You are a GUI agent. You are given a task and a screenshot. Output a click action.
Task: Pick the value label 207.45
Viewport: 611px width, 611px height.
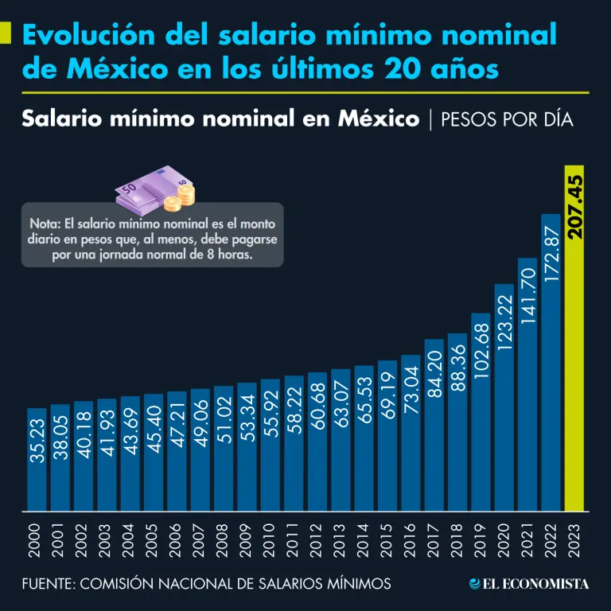575,208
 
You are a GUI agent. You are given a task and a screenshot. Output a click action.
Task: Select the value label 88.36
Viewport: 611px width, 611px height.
457,367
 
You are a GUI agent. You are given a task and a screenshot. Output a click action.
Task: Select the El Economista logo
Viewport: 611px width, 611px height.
529,584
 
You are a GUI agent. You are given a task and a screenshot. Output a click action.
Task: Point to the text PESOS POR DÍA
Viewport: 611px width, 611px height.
506,119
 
